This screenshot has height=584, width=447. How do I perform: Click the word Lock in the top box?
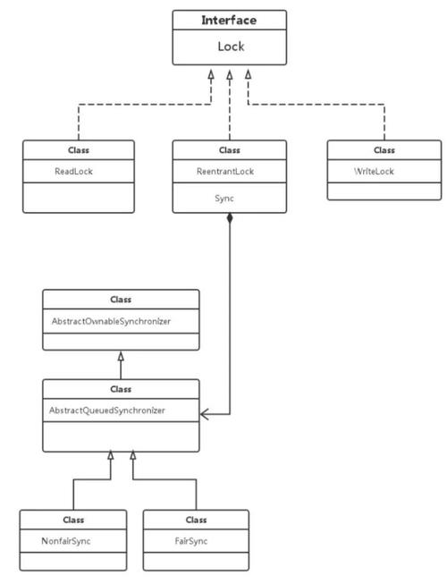point(230,47)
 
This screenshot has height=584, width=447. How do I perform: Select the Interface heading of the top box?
point(230,21)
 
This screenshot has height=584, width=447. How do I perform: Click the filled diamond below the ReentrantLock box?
point(230,219)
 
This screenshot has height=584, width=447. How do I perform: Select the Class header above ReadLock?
point(78,149)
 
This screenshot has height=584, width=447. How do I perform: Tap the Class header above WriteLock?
point(384,149)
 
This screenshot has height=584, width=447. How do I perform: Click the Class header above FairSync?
point(195,519)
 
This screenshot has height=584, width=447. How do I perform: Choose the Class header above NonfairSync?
point(72,519)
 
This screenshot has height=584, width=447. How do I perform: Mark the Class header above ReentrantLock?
point(230,149)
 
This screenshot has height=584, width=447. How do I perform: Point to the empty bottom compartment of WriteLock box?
point(384,190)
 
